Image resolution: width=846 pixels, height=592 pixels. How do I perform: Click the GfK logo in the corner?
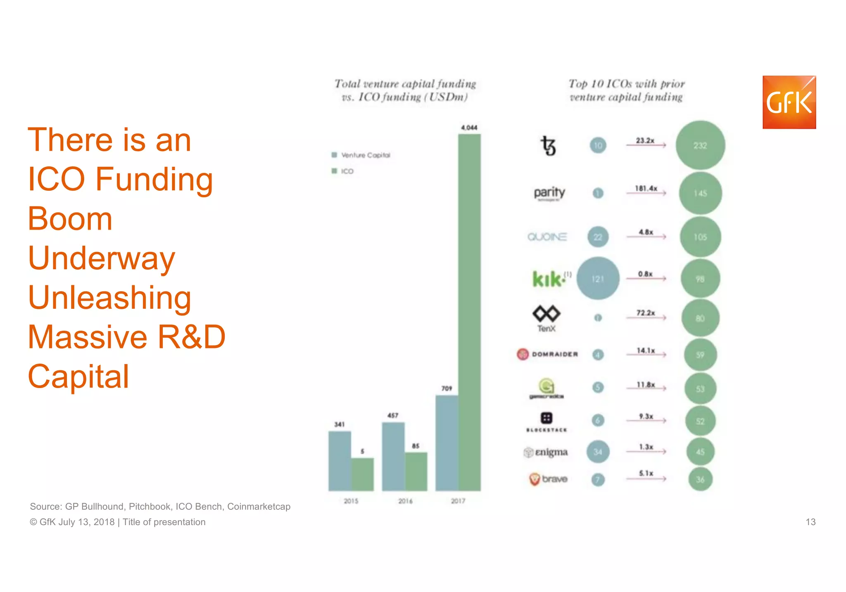coord(789,102)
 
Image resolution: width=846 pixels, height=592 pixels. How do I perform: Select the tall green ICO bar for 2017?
coord(469,312)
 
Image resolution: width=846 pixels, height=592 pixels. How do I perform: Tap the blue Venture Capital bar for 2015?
coord(340,461)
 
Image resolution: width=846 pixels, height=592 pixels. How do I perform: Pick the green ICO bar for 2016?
coord(416,471)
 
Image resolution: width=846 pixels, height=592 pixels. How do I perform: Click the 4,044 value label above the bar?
coord(469,128)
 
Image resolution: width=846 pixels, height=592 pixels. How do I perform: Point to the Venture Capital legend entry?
coord(361,155)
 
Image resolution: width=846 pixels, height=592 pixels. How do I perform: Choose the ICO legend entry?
coord(343,171)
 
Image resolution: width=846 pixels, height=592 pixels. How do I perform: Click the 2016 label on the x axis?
coord(405,501)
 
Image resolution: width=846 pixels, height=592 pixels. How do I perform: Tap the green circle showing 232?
coord(700,145)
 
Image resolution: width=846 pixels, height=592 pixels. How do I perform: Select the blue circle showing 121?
coord(598,279)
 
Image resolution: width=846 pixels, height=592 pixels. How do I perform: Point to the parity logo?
coord(549,193)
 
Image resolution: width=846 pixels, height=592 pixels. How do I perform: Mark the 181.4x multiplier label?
coord(646,188)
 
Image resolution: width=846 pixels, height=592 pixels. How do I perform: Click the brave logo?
coord(549,479)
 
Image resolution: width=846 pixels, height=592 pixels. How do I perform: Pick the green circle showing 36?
coord(700,479)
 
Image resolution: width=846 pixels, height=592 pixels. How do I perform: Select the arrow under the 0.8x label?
coord(646,279)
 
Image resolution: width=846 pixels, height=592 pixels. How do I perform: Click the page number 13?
coord(810,522)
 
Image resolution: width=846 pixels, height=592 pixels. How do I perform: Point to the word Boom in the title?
coord(70,219)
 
